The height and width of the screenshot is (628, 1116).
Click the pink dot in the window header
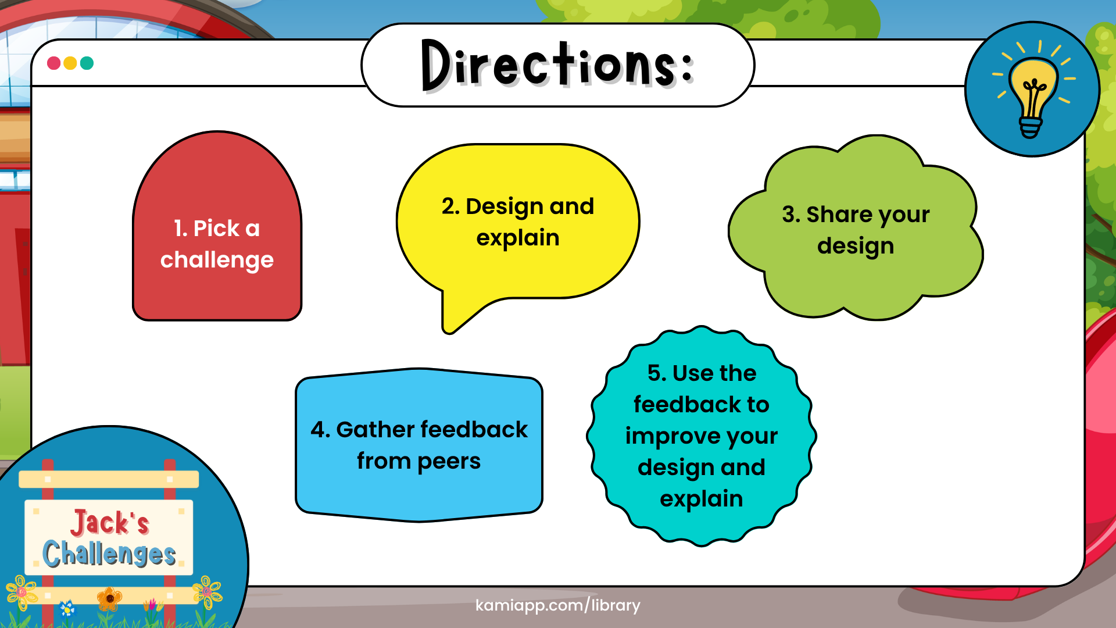pyautogui.click(x=53, y=63)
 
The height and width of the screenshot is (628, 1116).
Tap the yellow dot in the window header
pyautogui.click(x=70, y=63)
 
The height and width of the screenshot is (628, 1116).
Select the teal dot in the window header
pyautogui.click(x=87, y=63)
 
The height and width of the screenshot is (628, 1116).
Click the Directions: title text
pyautogui.click(x=557, y=65)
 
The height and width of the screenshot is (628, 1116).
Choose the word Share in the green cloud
pyautogui.click(x=839, y=215)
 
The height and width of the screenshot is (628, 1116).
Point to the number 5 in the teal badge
pyautogui.click(x=655, y=373)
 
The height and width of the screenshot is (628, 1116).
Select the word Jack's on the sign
pyautogui.click(x=110, y=522)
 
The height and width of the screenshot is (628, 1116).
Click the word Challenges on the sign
pyautogui.click(x=109, y=553)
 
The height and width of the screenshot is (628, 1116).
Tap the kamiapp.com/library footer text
pyautogui.click(x=557, y=605)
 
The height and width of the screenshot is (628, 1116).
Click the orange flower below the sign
pyautogui.click(x=109, y=598)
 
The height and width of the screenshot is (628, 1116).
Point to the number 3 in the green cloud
pyautogui.click(x=788, y=215)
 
